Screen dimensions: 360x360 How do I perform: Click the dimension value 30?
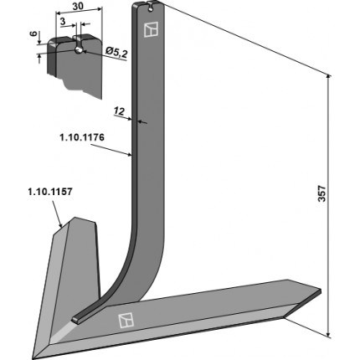coord(78,6)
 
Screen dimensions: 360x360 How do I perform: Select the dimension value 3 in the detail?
coord(63,21)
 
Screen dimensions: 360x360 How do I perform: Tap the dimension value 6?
coord(33,33)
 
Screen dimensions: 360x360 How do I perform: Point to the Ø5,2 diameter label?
coord(116,53)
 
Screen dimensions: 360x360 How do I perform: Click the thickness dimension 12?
coord(120,111)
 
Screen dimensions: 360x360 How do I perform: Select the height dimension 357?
coord(322,193)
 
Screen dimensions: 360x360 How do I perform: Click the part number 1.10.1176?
coord(82,137)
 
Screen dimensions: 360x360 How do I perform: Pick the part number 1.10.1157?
coord(50,192)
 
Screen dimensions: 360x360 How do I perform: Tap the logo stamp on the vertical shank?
coord(151,29)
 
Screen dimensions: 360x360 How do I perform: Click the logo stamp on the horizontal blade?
coord(126,321)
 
